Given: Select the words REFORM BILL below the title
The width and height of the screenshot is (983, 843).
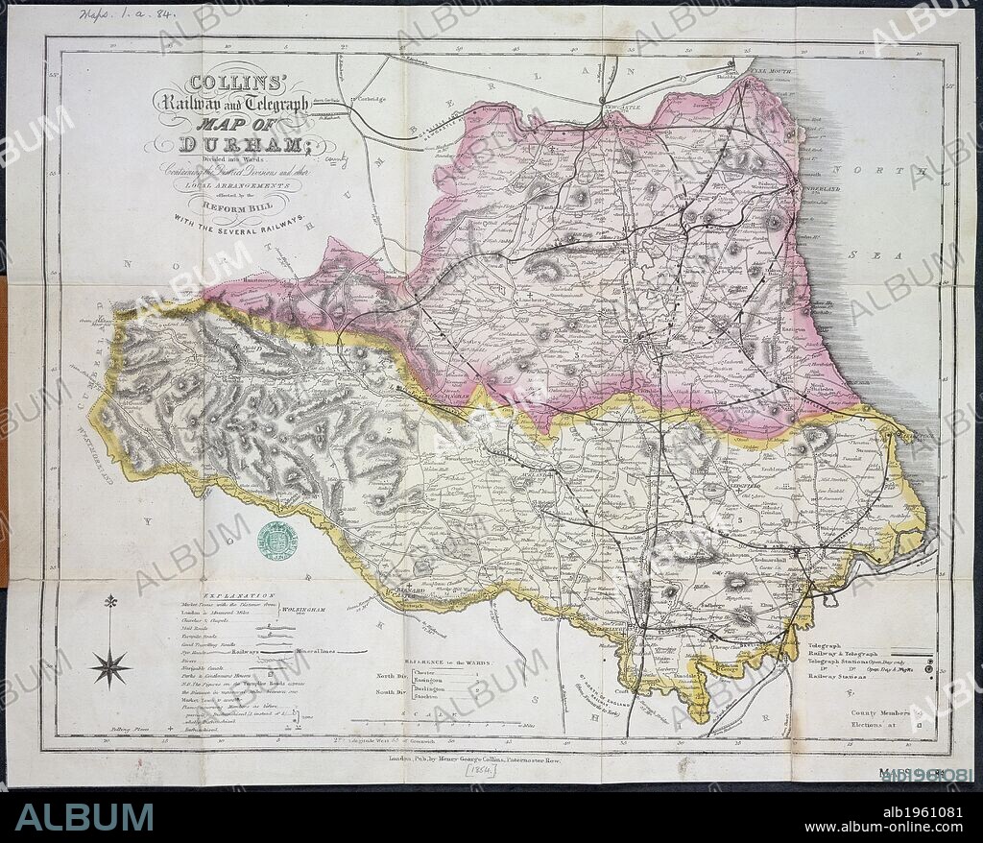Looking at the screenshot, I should [x=228, y=204].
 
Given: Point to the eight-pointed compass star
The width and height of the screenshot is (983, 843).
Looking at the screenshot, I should [x=110, y=666].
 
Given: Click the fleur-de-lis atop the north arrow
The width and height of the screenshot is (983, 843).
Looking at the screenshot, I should [x=110, y=602].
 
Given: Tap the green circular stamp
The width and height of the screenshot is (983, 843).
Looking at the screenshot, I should [x=276, y=541].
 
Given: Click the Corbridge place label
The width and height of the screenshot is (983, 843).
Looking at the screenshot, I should [x=368, y=99].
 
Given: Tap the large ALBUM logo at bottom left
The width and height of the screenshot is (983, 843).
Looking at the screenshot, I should [x=84, y=817].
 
